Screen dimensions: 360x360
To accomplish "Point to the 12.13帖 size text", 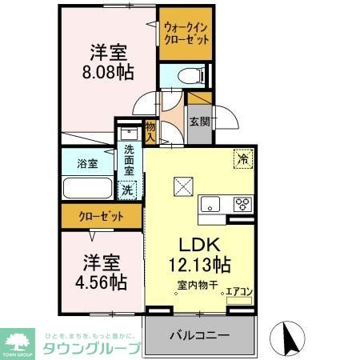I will (199, 265).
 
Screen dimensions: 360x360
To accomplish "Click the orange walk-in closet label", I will (186, 33).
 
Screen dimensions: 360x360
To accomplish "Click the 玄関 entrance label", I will (199, 122).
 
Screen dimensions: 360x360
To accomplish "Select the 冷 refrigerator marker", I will (242, 158).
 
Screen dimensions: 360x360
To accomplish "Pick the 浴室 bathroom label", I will (88, 164).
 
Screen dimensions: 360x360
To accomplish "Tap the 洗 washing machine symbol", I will (126, 190).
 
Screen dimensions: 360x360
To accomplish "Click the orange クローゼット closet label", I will (101, 216).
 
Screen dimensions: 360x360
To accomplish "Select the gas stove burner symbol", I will (242, 203).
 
